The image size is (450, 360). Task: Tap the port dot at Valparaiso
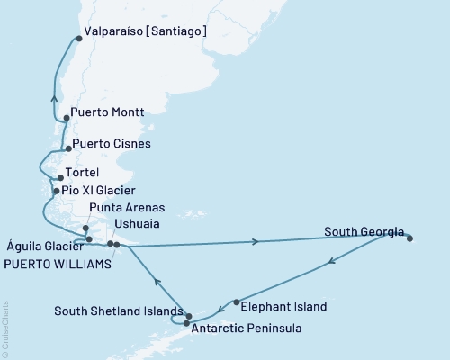pyautogui.click(x=78, y=39)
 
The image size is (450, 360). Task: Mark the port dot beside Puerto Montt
pyautogui.click(x=66, y=120)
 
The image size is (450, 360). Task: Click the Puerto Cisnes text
pyautogui.click(x=112, y=143)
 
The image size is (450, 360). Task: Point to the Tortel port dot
pyautogui.click(x=60, y=177)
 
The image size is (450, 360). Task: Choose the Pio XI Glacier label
pyautogui.click(x=100, y=191)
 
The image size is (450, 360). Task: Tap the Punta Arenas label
pyautogui.click(x=125, y=207)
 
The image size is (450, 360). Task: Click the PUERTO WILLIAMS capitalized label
pyautogui.click(x=58, y=265)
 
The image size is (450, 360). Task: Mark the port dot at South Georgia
pyautogui.click(x=410, y=238)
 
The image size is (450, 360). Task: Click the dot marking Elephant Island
pyautogui.click(x=236, y=302)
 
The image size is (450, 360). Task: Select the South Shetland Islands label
pyautogui.click(x=117, y=312)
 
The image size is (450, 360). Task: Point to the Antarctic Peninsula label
pyautogui.click(x=246, y=328)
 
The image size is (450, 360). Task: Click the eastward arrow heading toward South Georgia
pyautogui.click(x=258, y=241)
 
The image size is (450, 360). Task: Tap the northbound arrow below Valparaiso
pyautogui.click(x=55, y=99)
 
